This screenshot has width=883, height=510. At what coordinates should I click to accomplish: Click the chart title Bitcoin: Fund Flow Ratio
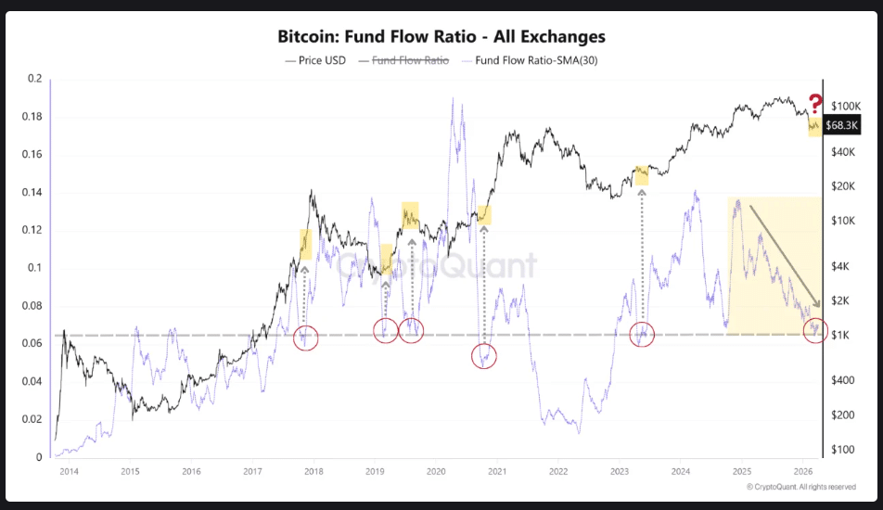pyautogui.click(x=441, y=37)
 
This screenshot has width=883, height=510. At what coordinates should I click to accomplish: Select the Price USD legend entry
pyautogui.click(x=317, y=60)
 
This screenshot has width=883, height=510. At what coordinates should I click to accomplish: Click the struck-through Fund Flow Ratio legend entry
pyautogui.click(x=410, y=60)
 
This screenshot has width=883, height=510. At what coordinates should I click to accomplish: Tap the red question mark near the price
pyautogui.click(x=815, y=104)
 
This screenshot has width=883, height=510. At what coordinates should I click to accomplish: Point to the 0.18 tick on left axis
pyautogui.click(x=33, y=117)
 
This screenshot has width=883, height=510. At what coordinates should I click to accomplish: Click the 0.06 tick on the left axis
pyautogui.click(x=33, y=344)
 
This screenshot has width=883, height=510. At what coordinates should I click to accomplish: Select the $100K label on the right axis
pyautogui.click(x=848, y=107)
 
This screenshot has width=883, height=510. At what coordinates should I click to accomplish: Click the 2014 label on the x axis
pyautogui.click(x=69, y=471)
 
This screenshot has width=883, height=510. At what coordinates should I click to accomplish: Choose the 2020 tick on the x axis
pyautogui.click(x=435, y=471)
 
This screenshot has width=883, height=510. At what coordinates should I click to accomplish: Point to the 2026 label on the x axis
pyautogui.click(x=802, y=471)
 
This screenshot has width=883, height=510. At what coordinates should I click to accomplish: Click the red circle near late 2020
pyautogui.click(x=483, y=355)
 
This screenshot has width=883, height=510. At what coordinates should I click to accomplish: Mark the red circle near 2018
pyautogui.click(x=305, y=338)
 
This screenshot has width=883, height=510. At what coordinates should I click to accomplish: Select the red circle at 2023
pyautogui.click(x=643, y=334)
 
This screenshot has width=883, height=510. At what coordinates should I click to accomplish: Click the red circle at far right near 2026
pyautogui.click(x=814, y=331)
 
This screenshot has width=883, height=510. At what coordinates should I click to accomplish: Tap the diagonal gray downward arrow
pyautogui.click(x=785, y=255)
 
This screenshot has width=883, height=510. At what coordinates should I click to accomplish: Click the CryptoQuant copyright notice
pyautogui.click(x=800, y=487)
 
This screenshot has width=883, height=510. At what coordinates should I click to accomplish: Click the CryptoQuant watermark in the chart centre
pyautogui.click(x=436, y=267)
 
